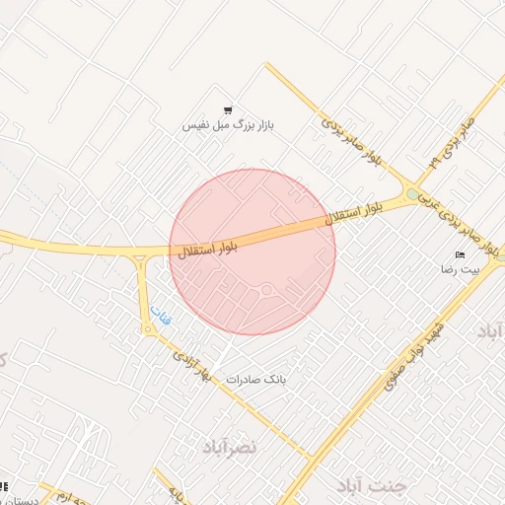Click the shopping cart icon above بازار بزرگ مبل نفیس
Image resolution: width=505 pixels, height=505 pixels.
pyautogui.click(x=228, y=110)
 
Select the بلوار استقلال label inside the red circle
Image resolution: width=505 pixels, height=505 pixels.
pyautogui.click(x=208, y=248)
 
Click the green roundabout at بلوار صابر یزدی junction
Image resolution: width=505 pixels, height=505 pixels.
pyautogui.click(x=412, y=193)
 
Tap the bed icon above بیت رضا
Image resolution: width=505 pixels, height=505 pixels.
pyautogui.click(x=459, y=255)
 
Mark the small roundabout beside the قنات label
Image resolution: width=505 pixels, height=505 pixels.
pyautogui.click(x=148, y=329)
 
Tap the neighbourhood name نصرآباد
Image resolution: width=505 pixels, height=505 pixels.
pyautogui.click(x=229, y=447)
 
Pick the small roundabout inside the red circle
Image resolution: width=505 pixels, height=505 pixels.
pyautogui.click(x=266, y=289)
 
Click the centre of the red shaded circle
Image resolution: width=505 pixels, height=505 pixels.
pyautogui.click(x=252, y=252)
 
